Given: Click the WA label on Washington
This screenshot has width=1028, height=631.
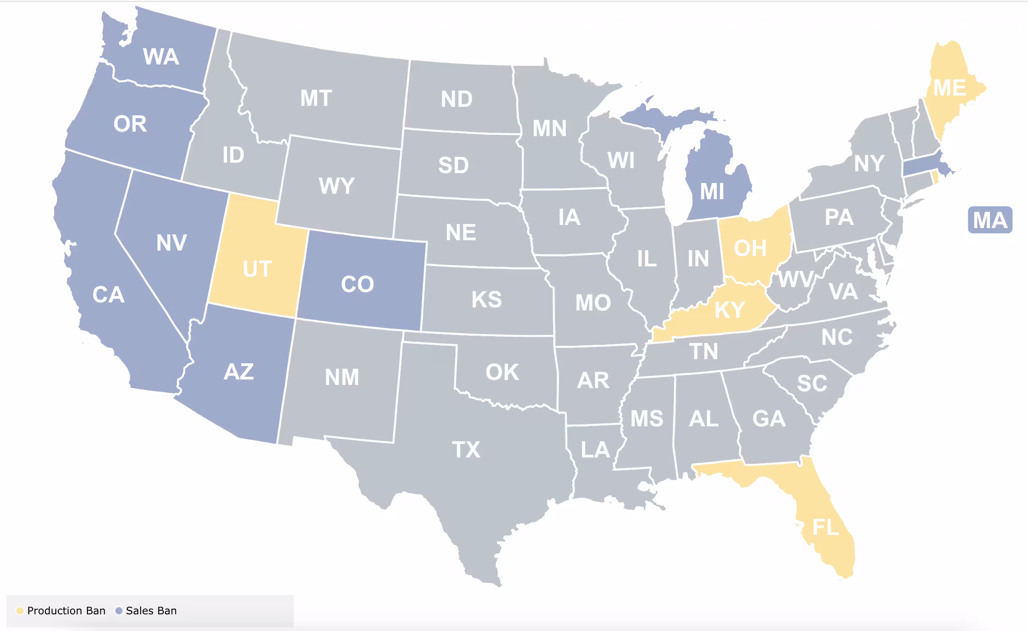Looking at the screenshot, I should point(161,57).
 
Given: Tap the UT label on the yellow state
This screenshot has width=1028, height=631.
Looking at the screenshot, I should point(257,269).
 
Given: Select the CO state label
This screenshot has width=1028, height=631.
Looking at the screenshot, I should point(357,284).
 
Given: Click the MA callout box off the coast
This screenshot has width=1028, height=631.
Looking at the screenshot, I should point(990,220).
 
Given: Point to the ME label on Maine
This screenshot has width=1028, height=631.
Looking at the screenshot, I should point(950,88).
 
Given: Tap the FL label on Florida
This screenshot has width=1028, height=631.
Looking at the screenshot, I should point(826,527).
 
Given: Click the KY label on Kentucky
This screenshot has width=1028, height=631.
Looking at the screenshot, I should point(729,310).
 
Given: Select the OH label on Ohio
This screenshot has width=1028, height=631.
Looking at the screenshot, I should point(750,248).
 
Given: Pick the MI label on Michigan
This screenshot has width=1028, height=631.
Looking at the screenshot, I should point(712,192).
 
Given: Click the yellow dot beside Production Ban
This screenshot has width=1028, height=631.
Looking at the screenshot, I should point(20,611).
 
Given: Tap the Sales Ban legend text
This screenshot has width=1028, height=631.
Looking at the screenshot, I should point(151,611).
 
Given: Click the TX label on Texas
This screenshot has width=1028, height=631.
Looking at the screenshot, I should point(466,450).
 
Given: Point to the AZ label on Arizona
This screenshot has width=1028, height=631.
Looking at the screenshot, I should point(238,372).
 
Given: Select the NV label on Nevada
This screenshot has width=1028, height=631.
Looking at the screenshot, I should point(171,243).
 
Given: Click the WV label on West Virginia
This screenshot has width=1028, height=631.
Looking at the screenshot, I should point(796,279).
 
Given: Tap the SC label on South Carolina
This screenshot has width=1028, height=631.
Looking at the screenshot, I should point(812,384).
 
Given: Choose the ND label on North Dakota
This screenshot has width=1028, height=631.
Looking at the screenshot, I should point(456,99).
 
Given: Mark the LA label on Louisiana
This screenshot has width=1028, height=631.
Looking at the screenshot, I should point(595,450).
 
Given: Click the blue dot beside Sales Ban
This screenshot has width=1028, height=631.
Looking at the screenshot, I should point(119,611).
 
